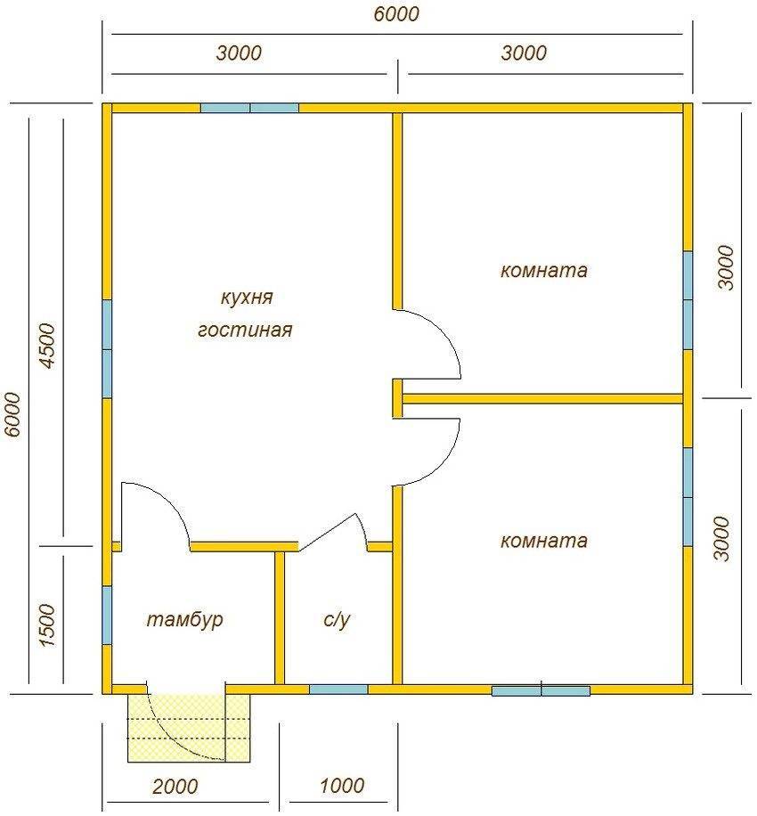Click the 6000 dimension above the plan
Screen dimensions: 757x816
pyautogui.click(x=396, y=14)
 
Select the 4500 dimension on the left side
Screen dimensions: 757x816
pyautogui.click(x=48, y=346)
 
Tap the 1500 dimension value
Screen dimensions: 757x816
pyautogui.click(x=47, y=625)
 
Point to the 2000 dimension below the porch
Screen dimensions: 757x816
pyautogui.click(x=175, y=786)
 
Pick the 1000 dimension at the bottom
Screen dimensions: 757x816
pyautogui.click(x=342, y=786)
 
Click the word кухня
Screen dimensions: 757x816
pyautogui.click(x=247, y=298)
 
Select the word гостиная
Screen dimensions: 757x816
pyautogui.click(x=245, y=330)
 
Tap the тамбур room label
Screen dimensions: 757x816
pyautogui.click(x=185, y=619)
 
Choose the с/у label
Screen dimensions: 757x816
pyautogui.click(x=337, y=619)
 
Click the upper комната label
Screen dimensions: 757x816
pyautogui.click(x=543, y=271)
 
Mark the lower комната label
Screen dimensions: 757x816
pyautogui.click(x=543, y=542)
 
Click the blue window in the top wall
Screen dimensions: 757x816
pyautogui.click(x=249, y=108)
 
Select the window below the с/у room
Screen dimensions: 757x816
pyautogui.click(x=338, y=689)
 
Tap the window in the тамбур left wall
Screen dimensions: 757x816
pyautogui.click(x=107, y=616)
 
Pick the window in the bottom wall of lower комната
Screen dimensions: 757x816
pyautogui.click(x=541, y=690)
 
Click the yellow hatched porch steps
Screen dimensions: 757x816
pyautogui.click(x=189, y=728)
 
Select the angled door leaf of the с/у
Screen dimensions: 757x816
pyautogui.click(x=328, y=532)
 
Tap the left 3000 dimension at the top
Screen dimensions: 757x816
pyautogui.click(x=239, y=53)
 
